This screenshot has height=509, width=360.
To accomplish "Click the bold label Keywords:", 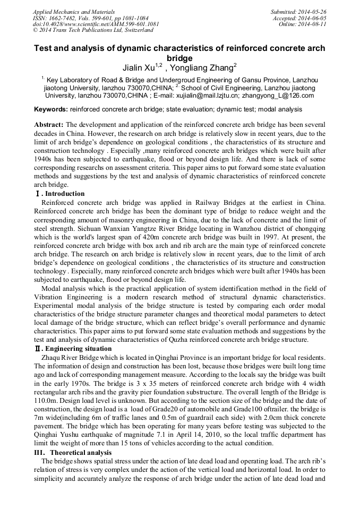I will tap(50, 109).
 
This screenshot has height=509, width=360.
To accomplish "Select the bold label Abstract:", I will tap(49, 124).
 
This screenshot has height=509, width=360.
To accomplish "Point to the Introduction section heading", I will tap(64, 194).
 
